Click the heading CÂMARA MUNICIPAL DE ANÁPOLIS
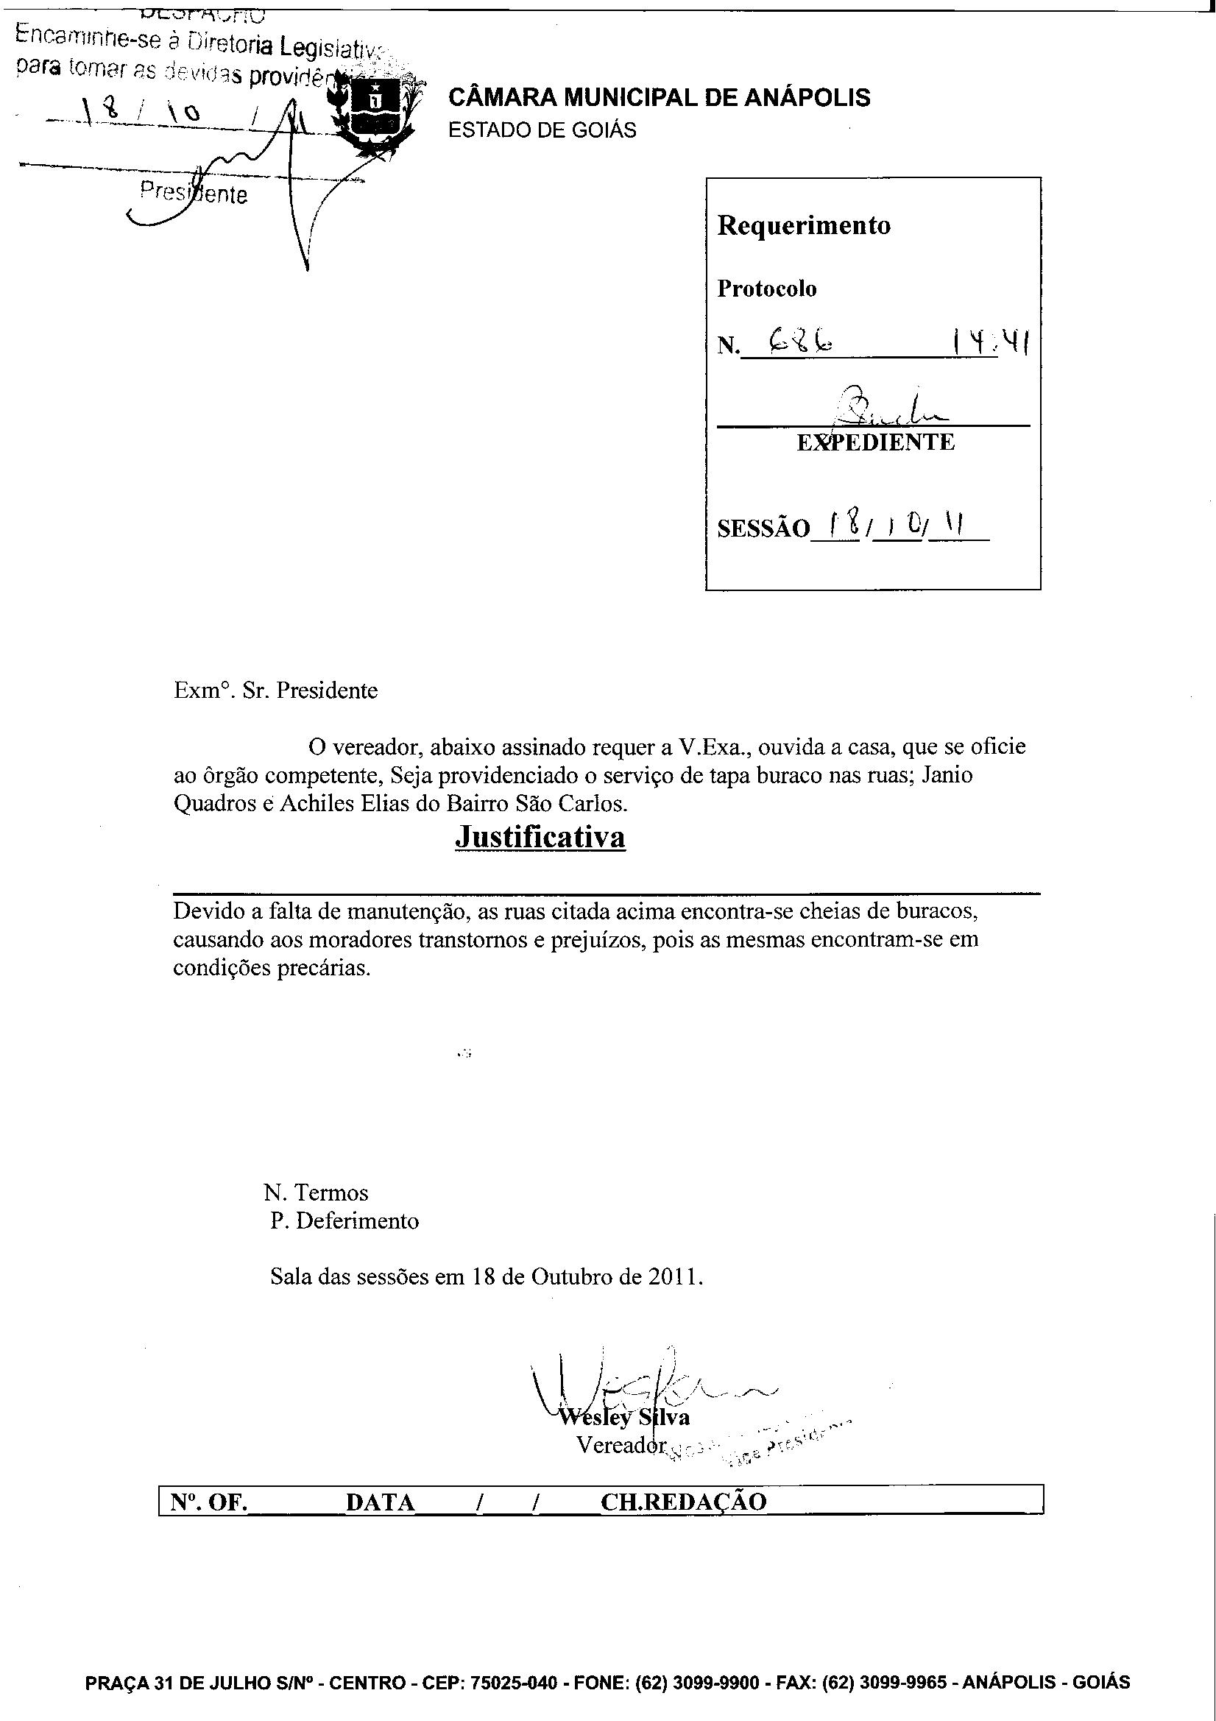click(659, 97)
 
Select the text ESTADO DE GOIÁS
click(542, 130)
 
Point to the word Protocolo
click(766, 289)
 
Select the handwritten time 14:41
click(990, 344)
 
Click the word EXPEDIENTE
click(875, 442)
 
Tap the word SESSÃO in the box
click(763, 529)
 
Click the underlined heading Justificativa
click(540, 836)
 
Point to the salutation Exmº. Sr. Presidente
click(276, 690)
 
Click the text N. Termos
click(316, 1192)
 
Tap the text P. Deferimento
click(344, 1221)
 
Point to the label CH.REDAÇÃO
click(683, 1502)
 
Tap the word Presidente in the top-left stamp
click(194, 194)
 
